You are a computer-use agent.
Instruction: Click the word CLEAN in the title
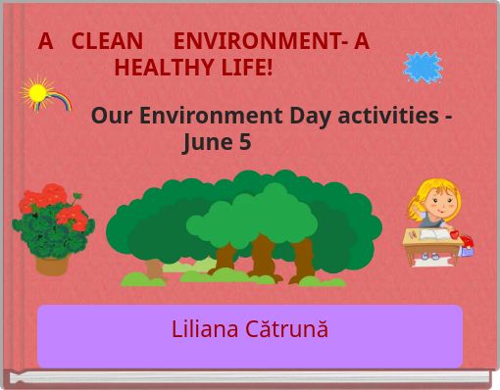(105, 41)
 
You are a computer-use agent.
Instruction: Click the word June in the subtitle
(208, 142)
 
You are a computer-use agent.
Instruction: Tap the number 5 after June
(245, 142)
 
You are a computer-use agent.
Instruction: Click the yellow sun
(37, 93)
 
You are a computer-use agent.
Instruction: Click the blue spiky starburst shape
(424, 67)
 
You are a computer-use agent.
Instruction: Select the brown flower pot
(52, 263)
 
